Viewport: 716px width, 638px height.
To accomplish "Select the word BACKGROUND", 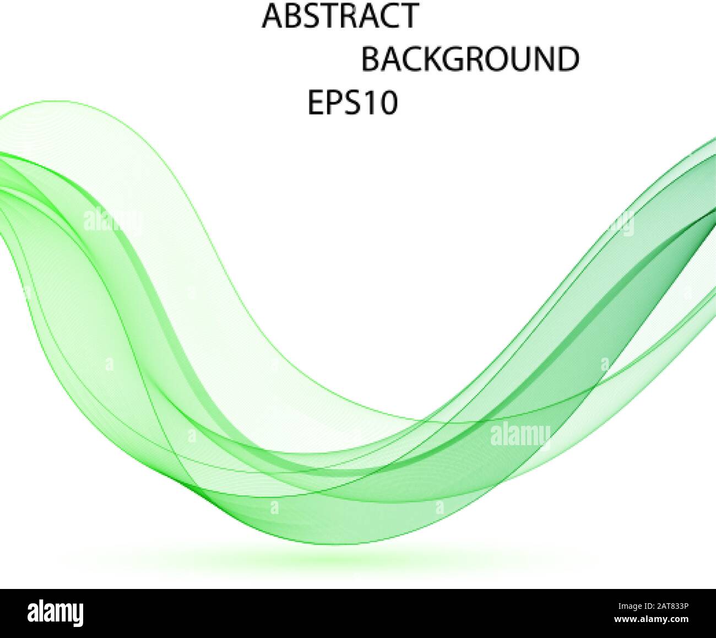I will pos(470,60).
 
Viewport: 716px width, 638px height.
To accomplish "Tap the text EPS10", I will pos(352,103).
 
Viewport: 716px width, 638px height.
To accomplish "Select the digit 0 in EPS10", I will pos(386,103).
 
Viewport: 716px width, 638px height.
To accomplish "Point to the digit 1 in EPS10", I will pos(368,103).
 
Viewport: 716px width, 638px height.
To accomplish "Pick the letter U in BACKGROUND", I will pos(521,60).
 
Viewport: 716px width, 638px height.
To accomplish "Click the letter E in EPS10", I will pos(316,103).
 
